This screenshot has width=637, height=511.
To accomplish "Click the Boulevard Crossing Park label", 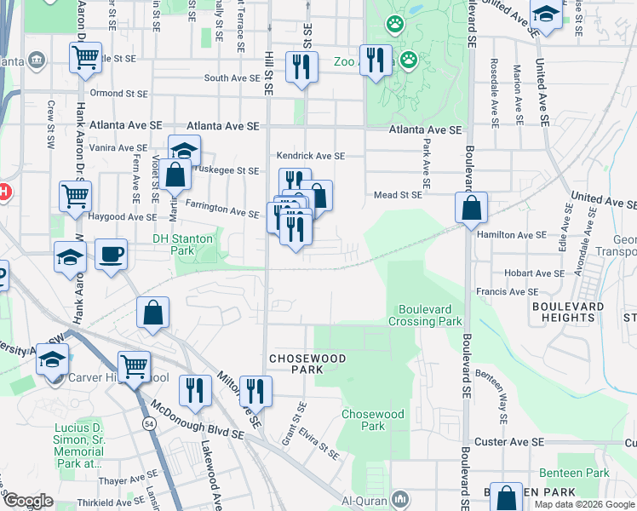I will tap(425, 315).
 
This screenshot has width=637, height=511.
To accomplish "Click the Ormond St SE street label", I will tap(119, 93).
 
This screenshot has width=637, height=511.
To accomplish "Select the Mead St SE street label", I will tap(398, 195).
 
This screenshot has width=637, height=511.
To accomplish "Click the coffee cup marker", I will tap(111, 255).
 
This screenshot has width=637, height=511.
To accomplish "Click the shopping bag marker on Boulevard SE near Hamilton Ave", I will tap(471, 208).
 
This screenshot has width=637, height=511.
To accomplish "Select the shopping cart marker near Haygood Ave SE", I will tap(76, 196).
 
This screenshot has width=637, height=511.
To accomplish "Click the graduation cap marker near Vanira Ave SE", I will tap(183, 151).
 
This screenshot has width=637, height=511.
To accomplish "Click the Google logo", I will tap(27, 501).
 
